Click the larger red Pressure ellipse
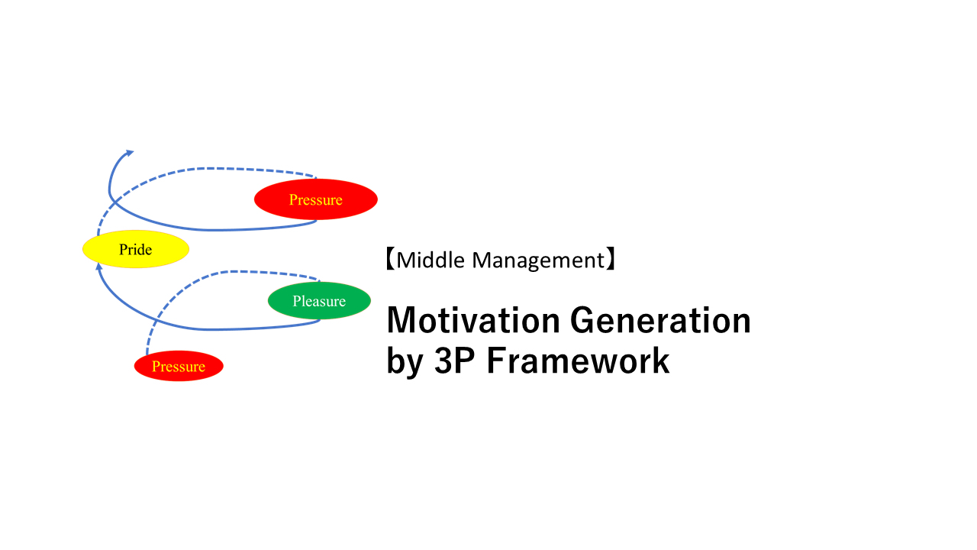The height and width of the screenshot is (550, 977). point(315,199)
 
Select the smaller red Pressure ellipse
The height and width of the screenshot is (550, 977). point(179,367)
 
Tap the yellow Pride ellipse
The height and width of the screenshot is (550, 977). point(136,249)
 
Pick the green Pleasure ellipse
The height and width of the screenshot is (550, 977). point(319,301)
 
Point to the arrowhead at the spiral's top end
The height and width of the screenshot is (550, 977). point(129,153)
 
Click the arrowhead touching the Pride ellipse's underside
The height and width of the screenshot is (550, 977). point(98,268)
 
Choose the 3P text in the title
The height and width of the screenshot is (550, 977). point(455,361)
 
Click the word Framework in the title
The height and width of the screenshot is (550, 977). point(578,361)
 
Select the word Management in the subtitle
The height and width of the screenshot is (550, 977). point(538,260)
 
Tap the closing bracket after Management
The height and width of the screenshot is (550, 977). point(611,260)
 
